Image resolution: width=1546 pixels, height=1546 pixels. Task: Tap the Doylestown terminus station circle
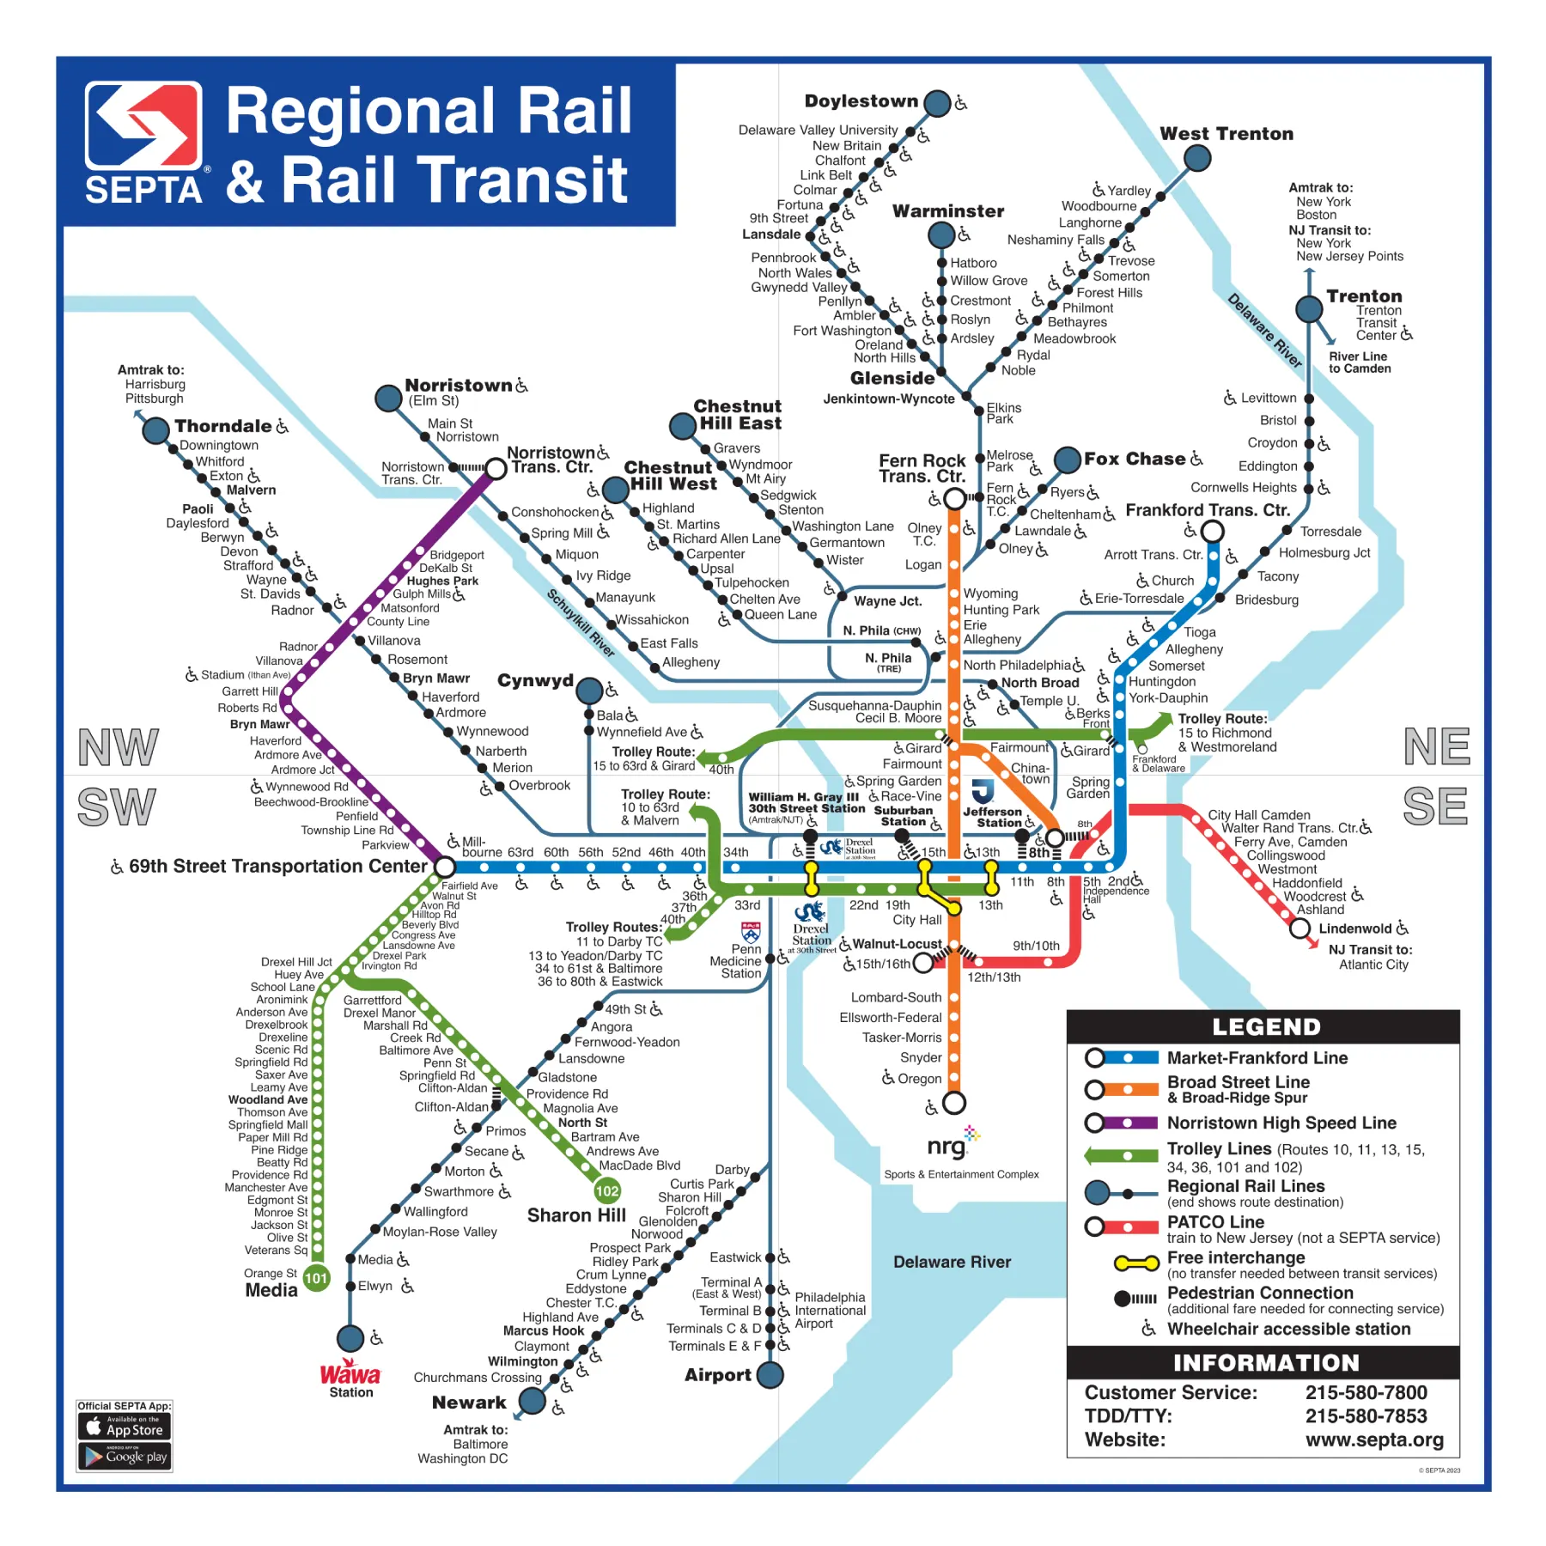pyautogui.click(x=936, y=103)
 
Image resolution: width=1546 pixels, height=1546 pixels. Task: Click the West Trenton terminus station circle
pyautogui.click(x=1196, y=158)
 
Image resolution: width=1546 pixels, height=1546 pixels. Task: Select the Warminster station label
pyautogui.click(x=947, y=211)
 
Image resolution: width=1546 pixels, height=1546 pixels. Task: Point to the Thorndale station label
pyautogui.click(x=222, y=426)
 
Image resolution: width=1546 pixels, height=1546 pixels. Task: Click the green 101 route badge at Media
pyautogui.click(x=316, y=1278)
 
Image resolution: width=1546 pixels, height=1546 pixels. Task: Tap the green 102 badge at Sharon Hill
pyautogui.click(x=607, y=1190)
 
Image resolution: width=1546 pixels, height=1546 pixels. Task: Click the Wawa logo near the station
pyautogui.click(x=350, y=1373)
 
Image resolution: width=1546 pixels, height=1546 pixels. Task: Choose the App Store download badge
pyautogui.click(x=125, y=1427)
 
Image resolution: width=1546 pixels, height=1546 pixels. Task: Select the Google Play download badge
pyautogui.click(x=125, y=1457)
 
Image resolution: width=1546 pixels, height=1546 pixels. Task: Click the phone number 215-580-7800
pyautogui.click(x=1366, y=1392)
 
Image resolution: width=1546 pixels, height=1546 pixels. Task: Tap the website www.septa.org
pyautogui.click(x=1374, y=1439)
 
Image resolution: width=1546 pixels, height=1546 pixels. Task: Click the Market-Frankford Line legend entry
pyautogui.click(x=1257, y=1058)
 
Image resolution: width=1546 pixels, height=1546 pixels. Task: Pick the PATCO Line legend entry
pyautogui.click(x=1215, y=1221)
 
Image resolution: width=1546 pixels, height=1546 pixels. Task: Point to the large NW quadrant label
pyautogui.click(x=119, y=747)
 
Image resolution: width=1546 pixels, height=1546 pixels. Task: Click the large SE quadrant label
pyautogui.click(x=1436, y=806)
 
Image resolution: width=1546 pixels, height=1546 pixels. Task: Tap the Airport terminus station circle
pyautogui.click(x=770, y=1375)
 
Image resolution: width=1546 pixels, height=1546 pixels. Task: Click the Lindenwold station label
pyautogui.click(x=1354, y=928)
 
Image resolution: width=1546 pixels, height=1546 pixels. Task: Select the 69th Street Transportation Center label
pyautogui.click(x=277, y=866)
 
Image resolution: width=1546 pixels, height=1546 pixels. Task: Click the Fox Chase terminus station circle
pyautogui.click(x=1067, y=460)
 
